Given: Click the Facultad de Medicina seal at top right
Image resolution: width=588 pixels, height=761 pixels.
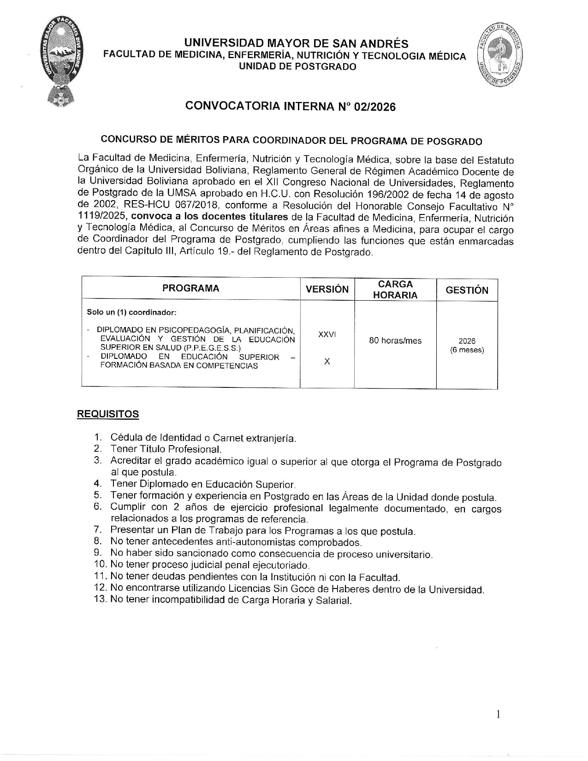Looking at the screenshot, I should [500, 55].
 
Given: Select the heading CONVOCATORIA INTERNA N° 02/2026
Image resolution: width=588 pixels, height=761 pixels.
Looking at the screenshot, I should [291, 107].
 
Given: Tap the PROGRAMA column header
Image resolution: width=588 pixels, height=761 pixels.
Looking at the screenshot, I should [190, 289].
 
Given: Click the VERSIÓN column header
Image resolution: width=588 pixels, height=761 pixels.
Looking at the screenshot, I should [327, 290].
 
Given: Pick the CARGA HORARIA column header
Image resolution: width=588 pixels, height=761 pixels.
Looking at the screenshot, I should [395, 290].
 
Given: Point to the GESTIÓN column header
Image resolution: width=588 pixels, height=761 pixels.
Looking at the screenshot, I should [467, 290].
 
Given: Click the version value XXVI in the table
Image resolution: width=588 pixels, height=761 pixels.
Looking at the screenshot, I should [327, 334].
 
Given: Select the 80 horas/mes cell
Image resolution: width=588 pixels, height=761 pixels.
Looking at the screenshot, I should [395, 341].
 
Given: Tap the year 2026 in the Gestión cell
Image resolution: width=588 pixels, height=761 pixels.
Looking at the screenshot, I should [467, 341].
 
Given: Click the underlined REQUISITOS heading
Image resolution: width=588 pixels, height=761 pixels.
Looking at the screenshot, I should [107, 414].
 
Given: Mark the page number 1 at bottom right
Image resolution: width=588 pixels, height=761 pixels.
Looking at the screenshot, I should [498, 714].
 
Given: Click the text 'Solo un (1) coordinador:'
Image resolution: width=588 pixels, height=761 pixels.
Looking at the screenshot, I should [131, 312].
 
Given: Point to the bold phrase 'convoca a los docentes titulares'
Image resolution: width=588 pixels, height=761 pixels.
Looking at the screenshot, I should [210, 217].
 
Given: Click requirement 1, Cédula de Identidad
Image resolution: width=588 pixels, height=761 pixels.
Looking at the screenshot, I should [203, 438].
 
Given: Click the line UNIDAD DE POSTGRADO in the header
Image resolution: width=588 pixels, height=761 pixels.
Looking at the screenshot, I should [297, 67].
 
